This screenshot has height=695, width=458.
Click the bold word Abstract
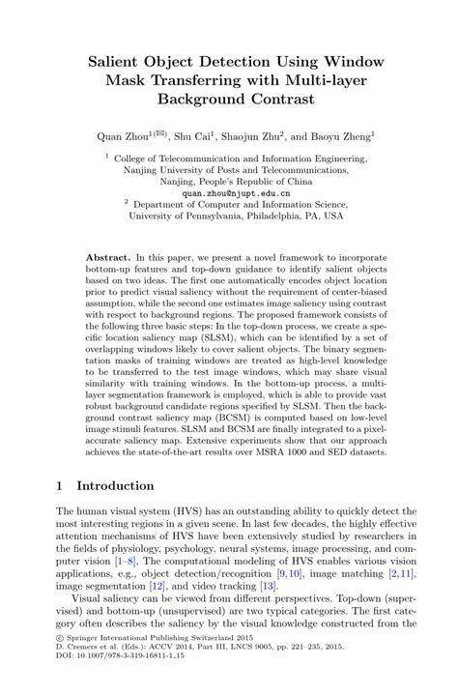click(x=107, y=258)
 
